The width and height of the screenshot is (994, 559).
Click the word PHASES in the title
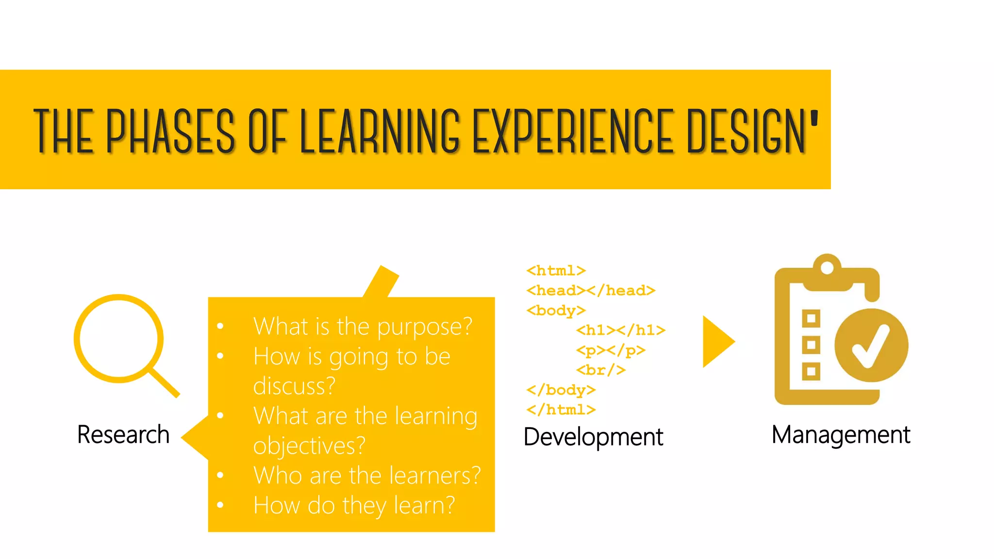click(170, 131)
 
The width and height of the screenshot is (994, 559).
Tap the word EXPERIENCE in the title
click(573, 131)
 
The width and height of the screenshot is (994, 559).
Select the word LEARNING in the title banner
click(380, 131)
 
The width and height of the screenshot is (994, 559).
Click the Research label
click(123, 434)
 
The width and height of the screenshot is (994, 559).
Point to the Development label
click(593, 437)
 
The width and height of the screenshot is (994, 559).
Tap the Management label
click(841, 435)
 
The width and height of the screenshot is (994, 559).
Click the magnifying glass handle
click(165, 383)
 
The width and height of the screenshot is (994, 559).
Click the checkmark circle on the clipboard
click(871, 345)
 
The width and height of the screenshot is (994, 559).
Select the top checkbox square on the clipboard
click(811, 319)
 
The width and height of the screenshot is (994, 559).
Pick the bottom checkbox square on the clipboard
click(811, 371)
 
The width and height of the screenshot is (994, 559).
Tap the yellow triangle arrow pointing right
click(717, 342)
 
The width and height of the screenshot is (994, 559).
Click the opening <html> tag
click(556, 270)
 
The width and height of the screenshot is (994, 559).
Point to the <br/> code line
click(601, 370)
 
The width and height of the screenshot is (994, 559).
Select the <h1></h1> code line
click(621, 330)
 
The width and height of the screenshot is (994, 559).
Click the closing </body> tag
click(561, 390)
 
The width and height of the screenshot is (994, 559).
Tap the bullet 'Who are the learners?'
click(366, 476)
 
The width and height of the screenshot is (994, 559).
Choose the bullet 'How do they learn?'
click(354, 506)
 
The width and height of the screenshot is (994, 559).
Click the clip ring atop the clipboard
click(827, 267)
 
